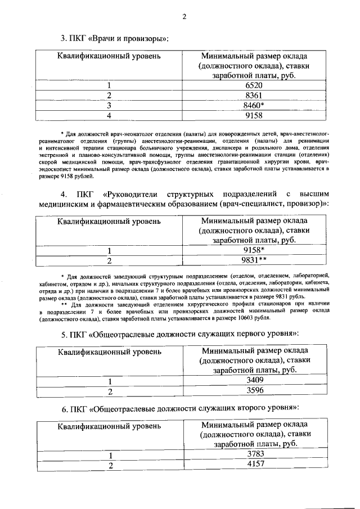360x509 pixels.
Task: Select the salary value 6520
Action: (x=254, y=85)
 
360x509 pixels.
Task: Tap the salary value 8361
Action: (x=254, y=95)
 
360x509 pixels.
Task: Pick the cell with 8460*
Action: (x=255, y=105)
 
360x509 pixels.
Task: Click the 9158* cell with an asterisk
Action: (x=255, y=249)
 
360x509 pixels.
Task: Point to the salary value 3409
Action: (x=255, y=381)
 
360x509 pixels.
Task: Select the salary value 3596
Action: (x=255, y=391)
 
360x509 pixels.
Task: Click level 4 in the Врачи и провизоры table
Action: (x=110, y=116)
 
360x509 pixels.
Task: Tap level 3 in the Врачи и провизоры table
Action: (x=110, y=105)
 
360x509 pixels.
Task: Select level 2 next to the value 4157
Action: (x=110, y=465)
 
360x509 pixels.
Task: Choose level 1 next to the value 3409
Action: (x=110, y=381)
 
